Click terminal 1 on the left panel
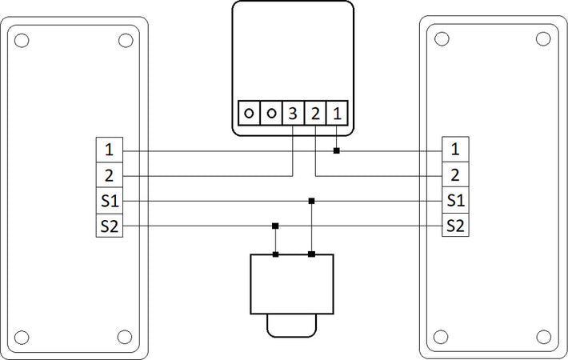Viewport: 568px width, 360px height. point(110,150)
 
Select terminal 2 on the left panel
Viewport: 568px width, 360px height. point(110,175)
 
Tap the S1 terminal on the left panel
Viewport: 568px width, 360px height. point(110,201)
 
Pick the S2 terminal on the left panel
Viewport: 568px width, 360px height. point(110,226)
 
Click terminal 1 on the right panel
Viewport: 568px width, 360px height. point(455,149)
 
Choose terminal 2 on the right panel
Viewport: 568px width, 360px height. point(455,174)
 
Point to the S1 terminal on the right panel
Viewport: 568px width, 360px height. point(455,200)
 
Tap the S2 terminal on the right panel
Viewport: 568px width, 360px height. point(455,225)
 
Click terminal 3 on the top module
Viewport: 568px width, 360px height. point(293,114)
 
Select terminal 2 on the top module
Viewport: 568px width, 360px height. point(315,114)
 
